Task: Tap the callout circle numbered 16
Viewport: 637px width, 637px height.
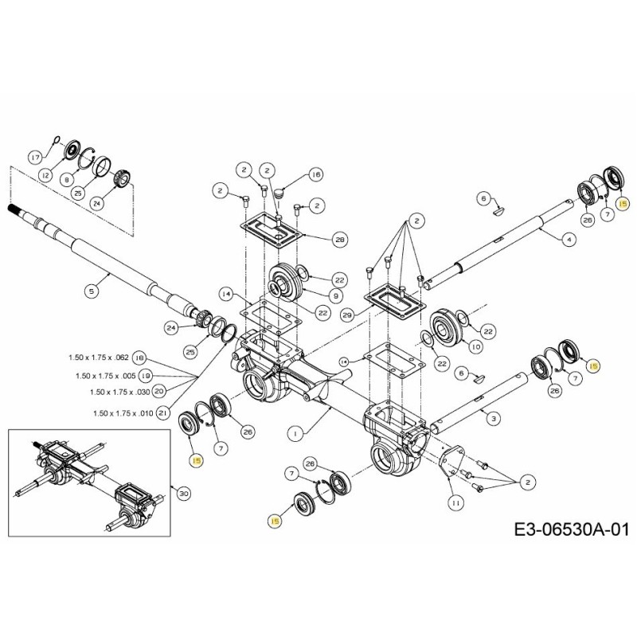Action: click(x=315, y=174)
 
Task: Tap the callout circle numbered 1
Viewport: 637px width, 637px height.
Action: click(x=295, y=434)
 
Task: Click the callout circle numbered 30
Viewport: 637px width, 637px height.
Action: click(x=184, y=494)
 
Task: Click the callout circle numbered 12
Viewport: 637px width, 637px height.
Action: click(x=45, y=175)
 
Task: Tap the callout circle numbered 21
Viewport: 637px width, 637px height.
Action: click(x=162, y=412)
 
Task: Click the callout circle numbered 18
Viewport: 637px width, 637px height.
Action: click(x=139, y=357)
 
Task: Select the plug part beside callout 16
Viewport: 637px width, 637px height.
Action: click(x=280, y=191)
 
